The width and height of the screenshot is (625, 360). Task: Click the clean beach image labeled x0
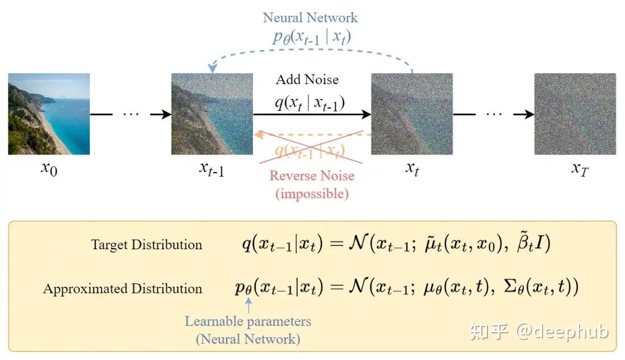click(x=49, y=114)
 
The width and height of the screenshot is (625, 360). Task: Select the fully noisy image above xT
click(x=575, y=114)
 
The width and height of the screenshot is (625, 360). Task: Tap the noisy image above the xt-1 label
click(x=212, y=114)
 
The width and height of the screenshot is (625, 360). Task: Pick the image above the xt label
click(x=412, y=114)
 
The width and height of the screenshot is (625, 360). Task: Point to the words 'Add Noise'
click(x=307, y=79)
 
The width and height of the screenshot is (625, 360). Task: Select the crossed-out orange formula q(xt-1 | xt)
click(x=310, y=150)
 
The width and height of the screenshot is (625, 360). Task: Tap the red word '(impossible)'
click(x=312, y=194)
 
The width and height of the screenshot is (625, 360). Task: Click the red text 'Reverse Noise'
click(x=312, y=175)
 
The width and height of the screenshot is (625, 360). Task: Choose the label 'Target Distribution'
click(x=147, y=245)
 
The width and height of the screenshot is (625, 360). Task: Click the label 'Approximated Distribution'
click(x=123, y=288)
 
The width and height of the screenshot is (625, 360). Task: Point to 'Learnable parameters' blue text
click(x=248, y=321)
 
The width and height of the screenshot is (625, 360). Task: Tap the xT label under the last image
click(x=580, y=169)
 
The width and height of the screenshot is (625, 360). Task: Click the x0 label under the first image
click(x=49, y=169)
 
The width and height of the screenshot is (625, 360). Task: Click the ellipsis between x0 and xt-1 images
click(x=131, y=114)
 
